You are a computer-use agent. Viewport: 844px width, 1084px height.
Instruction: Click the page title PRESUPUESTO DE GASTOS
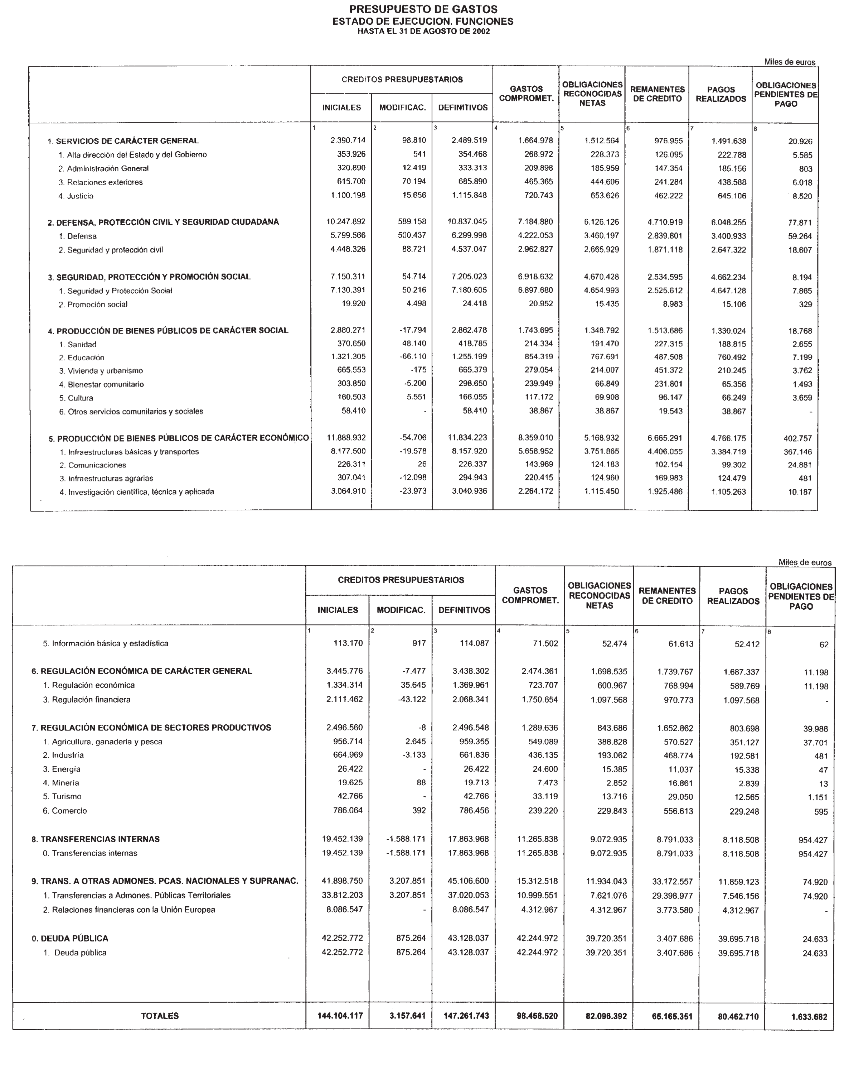point(423,9)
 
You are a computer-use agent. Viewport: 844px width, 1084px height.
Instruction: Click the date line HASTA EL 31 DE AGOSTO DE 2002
point(423,31)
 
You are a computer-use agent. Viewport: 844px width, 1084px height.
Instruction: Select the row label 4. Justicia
point(76,196)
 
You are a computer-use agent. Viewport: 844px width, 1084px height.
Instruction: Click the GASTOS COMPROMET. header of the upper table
point(526,94)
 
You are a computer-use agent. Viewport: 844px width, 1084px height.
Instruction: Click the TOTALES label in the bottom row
point(160,1016)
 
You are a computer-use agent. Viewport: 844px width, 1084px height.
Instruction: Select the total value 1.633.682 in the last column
point(809,1017)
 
